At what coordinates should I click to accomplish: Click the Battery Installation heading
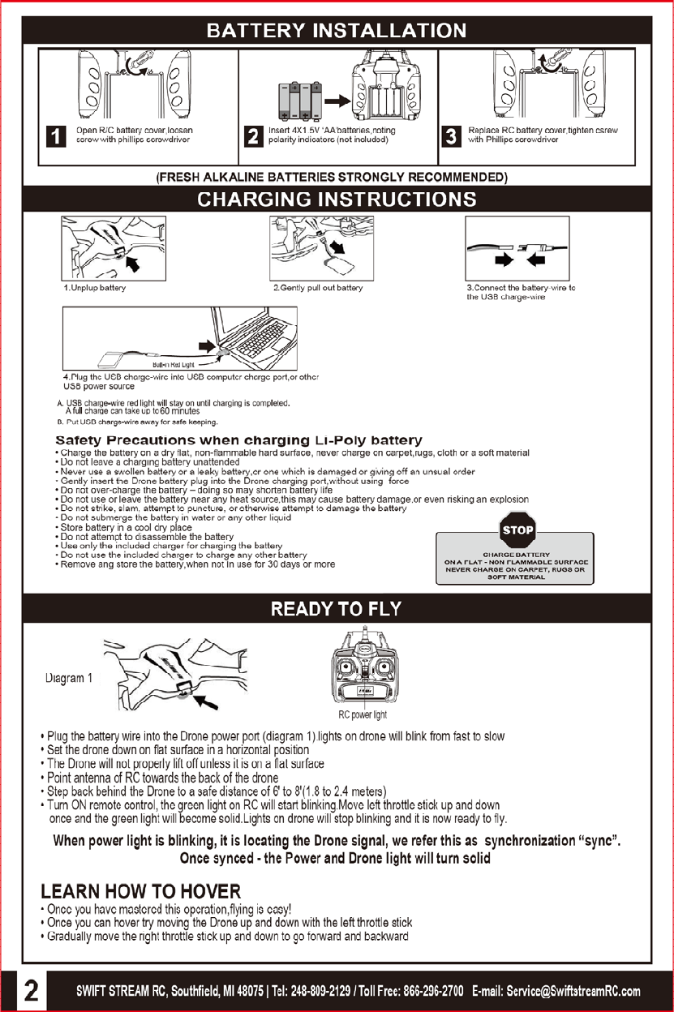tap(337, 31)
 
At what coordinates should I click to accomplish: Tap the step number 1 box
tap(54, 135)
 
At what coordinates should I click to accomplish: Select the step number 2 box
tap(253, 135)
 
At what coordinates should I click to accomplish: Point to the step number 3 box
tap(452, 135)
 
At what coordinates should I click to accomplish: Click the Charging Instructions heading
tap(337, 199)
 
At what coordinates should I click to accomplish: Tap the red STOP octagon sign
tap(517, 530)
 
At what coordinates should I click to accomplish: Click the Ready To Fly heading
tap(336, 609)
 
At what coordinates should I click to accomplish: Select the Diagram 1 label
tap(69, 679)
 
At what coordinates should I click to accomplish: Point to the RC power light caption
tap(363, 714)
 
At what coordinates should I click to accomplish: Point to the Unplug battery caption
tap(95, 288)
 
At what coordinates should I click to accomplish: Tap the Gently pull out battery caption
tap(318, 288)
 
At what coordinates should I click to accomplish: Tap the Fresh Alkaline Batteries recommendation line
tap(332, 177)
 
